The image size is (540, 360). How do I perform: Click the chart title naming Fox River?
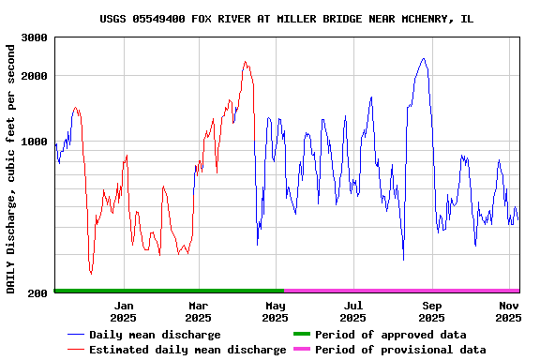pyautogui.click(x=286, y=19)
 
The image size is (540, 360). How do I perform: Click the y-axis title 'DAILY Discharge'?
pyautogui.click(x=11, y=167)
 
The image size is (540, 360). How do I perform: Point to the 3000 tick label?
pyautogui.click(x=35, y=37)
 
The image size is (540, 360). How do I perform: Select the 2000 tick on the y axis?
pyautogui.click(x=35, y=76)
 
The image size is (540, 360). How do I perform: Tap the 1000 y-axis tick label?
pyautogui.click(x=35, y=142)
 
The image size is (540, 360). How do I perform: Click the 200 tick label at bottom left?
pyautogui.click(x=38, y=294)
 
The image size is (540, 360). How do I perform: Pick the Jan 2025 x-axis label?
pyautogui.click(x=124, y=311)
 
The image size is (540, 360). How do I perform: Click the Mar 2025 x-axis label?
pyautogui.click(x=198, y=311)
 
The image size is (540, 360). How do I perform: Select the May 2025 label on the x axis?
pyautogui.click(x=276, y=311)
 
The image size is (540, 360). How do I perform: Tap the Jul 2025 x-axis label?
pyautogui.click(x=353, y=311)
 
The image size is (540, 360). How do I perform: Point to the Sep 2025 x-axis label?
pyautogui.click(x=432, y=311)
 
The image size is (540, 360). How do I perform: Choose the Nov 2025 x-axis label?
pyautogui.click(x=508, y=311)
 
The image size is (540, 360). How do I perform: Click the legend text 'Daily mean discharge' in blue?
pyautogui.click(x=155, y=335)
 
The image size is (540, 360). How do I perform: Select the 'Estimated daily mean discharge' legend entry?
pyautogui.click(x=187, y=350)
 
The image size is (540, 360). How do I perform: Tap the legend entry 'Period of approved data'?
pyautogui.click(x=390, y=335)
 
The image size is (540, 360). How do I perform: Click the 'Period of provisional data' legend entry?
pyautogui.click(x=400, y=350)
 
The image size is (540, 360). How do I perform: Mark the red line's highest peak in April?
pyautogui.click(x=246, y=63)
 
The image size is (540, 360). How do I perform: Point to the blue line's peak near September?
pyautogui.click(x=424, y=58)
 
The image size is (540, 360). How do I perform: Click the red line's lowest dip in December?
pyautogui.click(x=91, y=274)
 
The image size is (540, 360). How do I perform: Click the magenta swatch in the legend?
pyautogui.click(x=302, y=350)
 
